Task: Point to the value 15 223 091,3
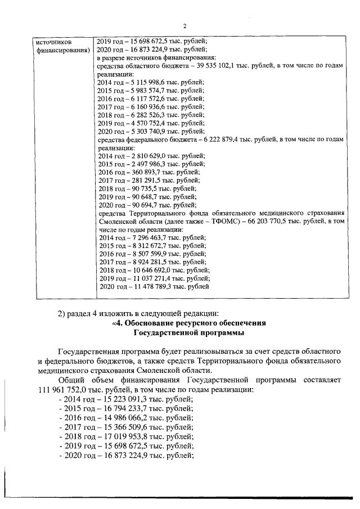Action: pos(127,399)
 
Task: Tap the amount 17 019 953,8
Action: pos(127,436)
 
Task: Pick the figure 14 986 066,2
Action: pos(127,418)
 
